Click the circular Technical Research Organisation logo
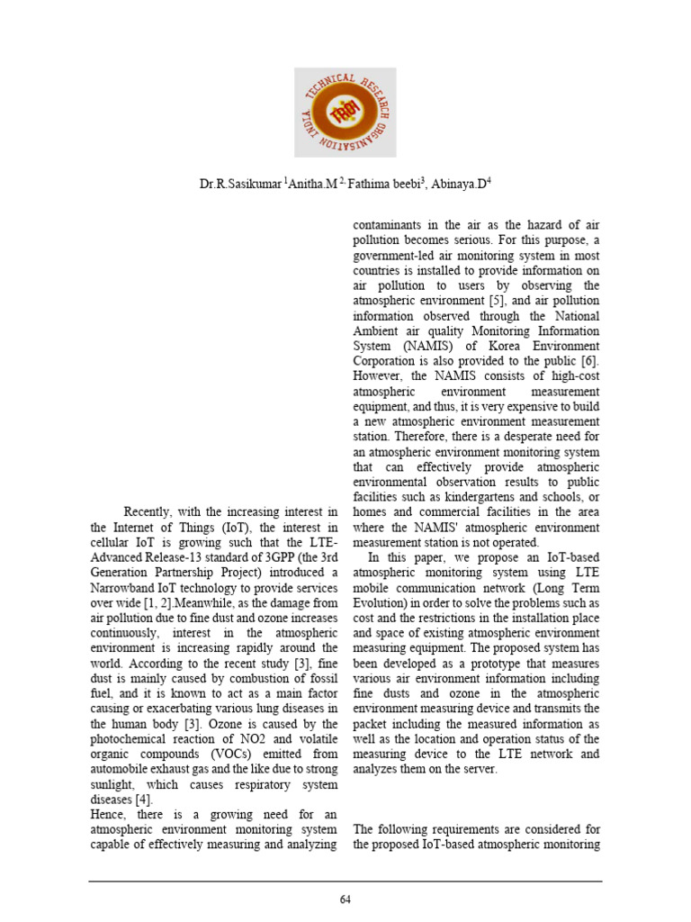tap(345, 113)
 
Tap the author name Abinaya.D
tap(463, 184)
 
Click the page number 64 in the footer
tap(345, 899)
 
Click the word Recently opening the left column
tap(150, 512)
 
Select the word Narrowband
tap(121, 589)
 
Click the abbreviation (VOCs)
tap(226, 753)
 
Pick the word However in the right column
tap(379, 376)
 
